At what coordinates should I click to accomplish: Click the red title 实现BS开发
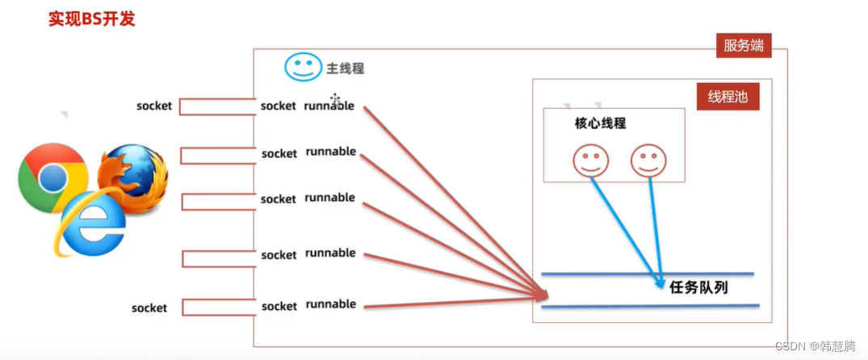point(91,19)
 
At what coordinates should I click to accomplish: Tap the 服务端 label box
point(743,46)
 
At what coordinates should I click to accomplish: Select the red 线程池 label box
point(728,97)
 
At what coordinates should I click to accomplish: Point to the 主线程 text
point(346,69)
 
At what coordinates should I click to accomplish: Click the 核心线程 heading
point(600,123)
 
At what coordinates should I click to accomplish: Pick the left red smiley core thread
point(589,160)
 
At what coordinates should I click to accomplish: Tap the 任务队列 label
point(698,286)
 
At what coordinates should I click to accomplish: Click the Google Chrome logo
point(52,177)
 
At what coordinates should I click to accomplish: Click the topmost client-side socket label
point(153,106)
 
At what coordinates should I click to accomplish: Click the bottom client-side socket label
point(149,308)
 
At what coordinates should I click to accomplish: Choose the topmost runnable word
point(329,106)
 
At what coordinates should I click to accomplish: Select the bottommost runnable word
point(330,304)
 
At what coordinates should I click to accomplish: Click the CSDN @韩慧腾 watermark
point(816,345)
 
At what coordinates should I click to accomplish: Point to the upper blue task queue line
point(646,274)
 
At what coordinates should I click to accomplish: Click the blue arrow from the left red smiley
point(622,226)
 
